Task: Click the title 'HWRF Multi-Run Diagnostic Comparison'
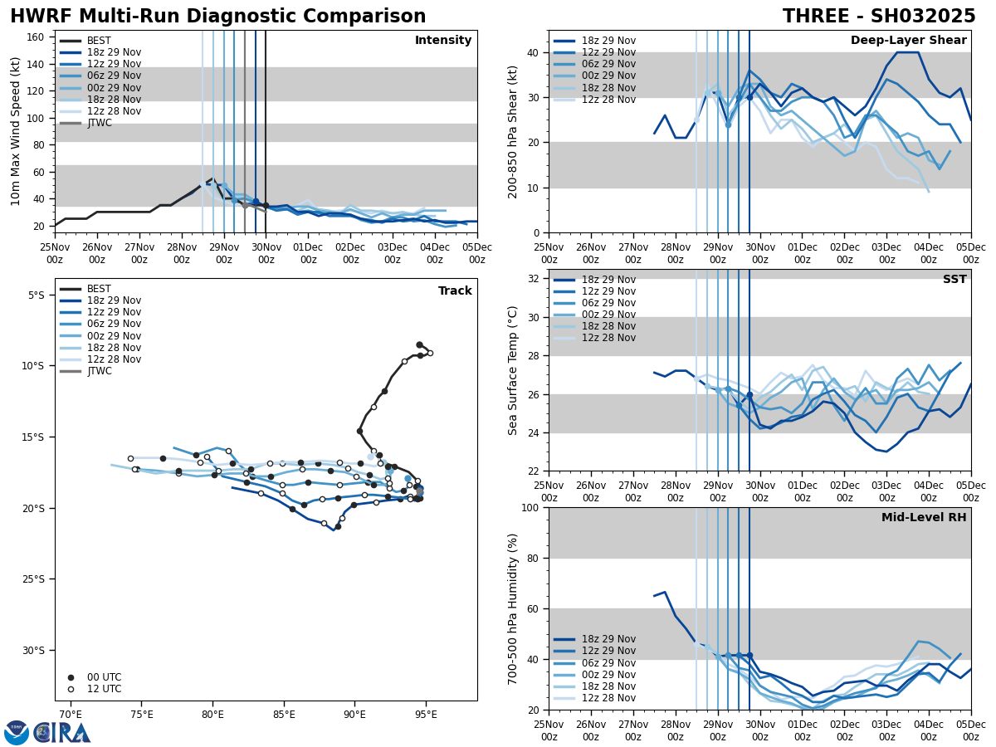[x=217, y=17]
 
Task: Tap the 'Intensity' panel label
[x=443, y=41]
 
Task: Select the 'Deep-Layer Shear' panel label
[x=908, y=41]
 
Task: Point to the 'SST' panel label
[x=954, y=280]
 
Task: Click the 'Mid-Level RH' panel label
[x=924, y=518]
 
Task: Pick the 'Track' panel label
[x=455, y=291]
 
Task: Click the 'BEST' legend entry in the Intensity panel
[x=99, y=41]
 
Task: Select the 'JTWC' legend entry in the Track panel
[x=100, y=371]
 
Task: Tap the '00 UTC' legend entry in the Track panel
[x=105, y=677]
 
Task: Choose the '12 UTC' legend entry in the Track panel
[x=105, y=689]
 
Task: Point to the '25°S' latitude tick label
[x=36, y=579]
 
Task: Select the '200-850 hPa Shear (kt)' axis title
[x=513, y=131]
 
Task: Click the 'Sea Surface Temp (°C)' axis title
[x=513, y=370]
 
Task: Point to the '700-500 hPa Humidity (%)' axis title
[x=513, y=608]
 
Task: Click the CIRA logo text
[x=62, y=733]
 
